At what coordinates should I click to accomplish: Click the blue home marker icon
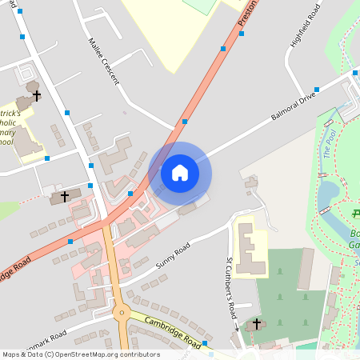(180, 172)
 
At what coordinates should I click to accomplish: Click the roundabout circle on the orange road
(122, 313)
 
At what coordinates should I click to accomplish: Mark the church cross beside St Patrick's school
(36, 94)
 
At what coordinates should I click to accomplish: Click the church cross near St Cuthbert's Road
(257, 324)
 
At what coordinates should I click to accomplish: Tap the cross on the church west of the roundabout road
(65, 196)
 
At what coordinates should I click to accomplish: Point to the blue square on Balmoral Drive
(317, 90)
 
